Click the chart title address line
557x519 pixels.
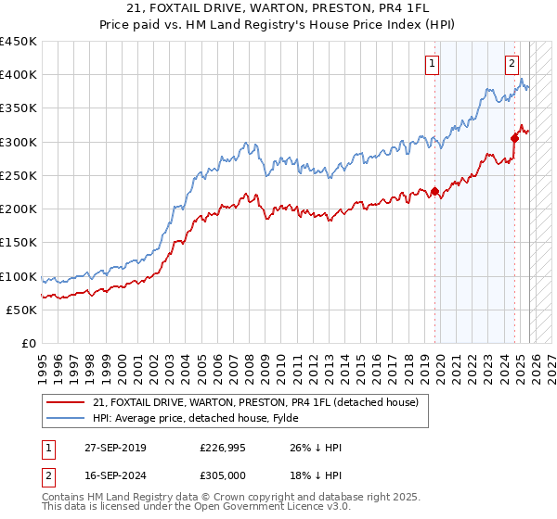[278, 9]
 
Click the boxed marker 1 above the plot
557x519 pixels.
[433, 64]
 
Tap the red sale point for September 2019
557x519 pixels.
[434, 192]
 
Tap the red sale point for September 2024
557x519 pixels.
[514, 138]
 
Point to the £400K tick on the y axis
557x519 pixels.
[19, 75]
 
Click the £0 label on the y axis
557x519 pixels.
[28, 344]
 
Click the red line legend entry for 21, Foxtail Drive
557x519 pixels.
[256, 402]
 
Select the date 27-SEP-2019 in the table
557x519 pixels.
[112, 448]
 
